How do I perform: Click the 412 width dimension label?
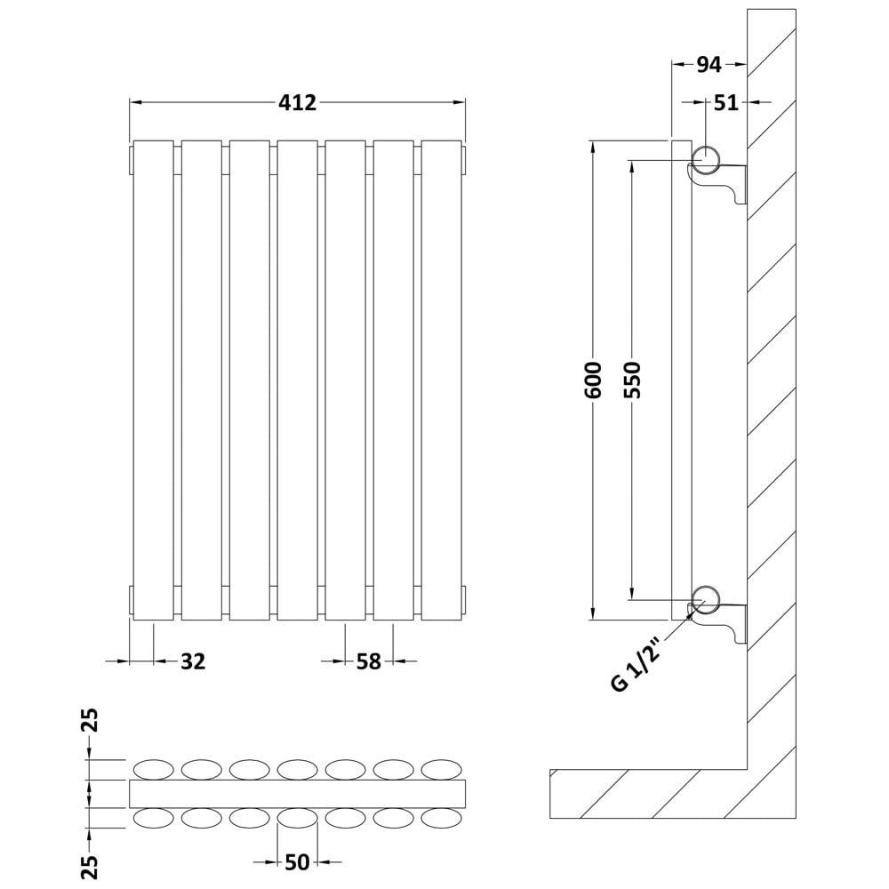(297, 102)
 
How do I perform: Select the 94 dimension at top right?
(709, 65)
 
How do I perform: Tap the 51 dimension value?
(726, 102)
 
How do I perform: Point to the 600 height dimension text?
(593, 380)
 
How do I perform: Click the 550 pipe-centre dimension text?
(632, 380)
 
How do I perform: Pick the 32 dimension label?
(193, 661)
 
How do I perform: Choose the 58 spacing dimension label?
(369, 661)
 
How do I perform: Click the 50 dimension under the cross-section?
(297, 862)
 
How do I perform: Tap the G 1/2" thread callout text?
(637, 663)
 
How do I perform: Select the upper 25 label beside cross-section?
(91, 720)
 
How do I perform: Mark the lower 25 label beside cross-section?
(91, 867)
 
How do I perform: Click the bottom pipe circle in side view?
(706, 600)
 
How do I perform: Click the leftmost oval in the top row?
(153, 769)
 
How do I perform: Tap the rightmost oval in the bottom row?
(442, 819)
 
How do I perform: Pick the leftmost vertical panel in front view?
(153, 380)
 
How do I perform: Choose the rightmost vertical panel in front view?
(442, 380)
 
